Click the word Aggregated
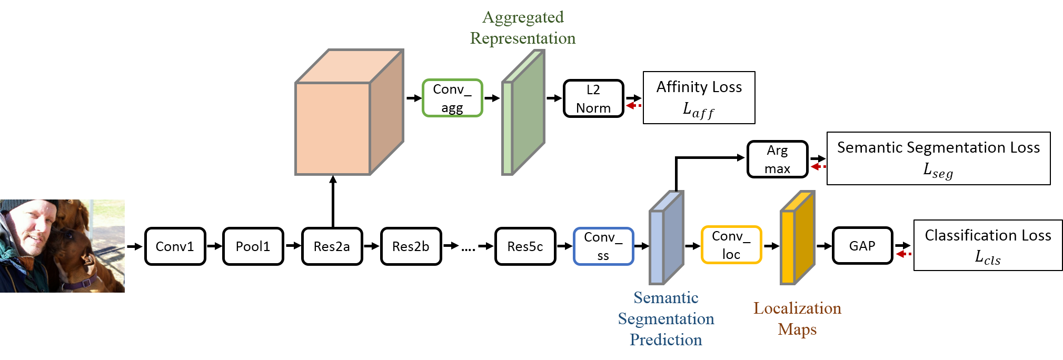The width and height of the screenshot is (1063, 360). click(x=523, y=17)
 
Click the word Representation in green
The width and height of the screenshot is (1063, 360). click(x=523, y=38)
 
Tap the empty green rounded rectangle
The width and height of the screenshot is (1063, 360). click(x=452, y=98)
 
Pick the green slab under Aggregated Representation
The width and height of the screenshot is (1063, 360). click(x=524, y=113)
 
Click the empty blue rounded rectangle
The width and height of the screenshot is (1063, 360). click(x=603, y=246)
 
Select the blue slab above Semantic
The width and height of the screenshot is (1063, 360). click(x=666, y=239)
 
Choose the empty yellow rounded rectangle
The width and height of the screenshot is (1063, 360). click(x=731, y=245)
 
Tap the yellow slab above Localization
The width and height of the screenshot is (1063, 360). click(x=797, y=239)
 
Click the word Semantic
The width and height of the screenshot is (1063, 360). click(x=666, y=298)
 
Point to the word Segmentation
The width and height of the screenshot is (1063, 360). click(x=666, y=319)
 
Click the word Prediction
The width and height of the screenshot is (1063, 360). click(x=666, y=340)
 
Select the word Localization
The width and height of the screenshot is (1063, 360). click(x=797, y=308)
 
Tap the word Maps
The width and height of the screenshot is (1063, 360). click(x=797, y=329)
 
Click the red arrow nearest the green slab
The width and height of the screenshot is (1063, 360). click(x=632, y=106)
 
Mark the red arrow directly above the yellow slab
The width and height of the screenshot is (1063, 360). click(x=818, y=167)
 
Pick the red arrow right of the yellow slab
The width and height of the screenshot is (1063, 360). click(x=903, y=254)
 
